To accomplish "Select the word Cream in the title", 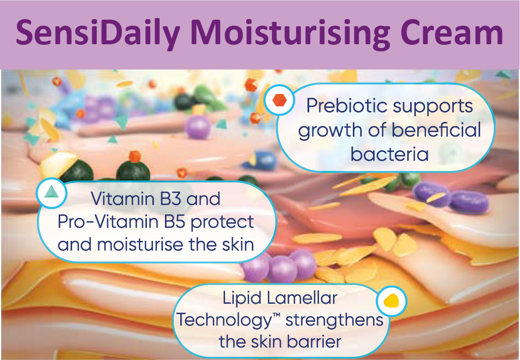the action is coord(452,33).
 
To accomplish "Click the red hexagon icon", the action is coord(279,100).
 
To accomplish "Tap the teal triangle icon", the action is coord(51,192).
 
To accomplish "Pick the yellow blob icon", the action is coord(391,300).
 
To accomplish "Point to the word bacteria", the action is coord(389,154).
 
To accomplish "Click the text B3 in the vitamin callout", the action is coord(171,199).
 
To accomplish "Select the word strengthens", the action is coord(334,321).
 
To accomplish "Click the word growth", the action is coord(330,131).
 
